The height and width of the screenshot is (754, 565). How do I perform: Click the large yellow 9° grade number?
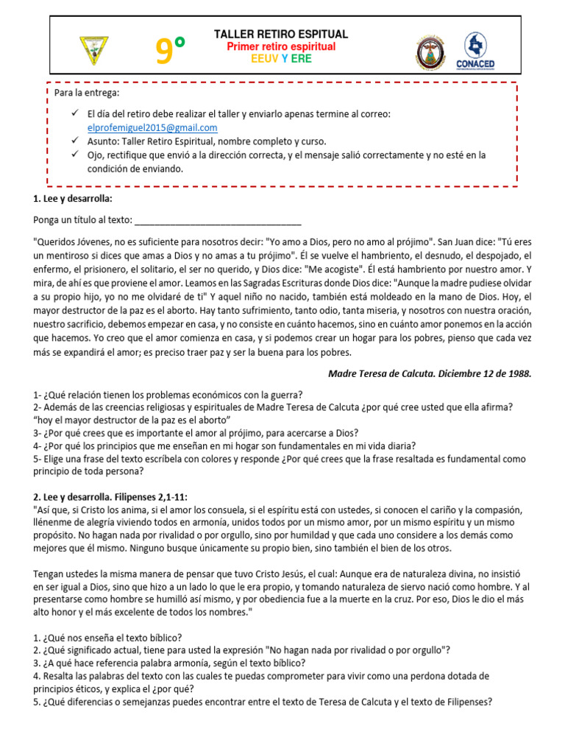coord(170,52)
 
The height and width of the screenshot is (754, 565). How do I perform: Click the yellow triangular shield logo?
coord(93,50)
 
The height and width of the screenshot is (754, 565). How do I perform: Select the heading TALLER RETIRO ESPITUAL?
coord(281,35)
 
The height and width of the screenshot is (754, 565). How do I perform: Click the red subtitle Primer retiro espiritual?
coord(281,46)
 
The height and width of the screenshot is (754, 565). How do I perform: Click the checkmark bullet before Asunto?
coord(75,141)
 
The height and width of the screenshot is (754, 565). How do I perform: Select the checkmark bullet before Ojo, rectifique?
coord(75,155)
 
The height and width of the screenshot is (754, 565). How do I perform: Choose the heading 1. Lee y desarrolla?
coord(73,199)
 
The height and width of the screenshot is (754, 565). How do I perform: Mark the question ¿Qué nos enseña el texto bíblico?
coord(108,637)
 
